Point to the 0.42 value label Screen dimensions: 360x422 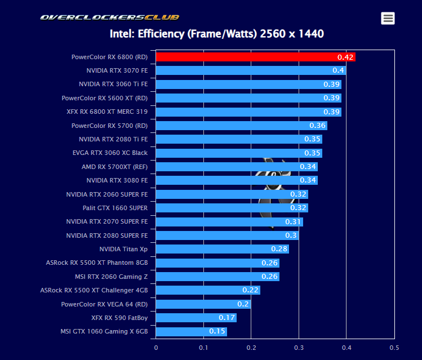(x=345, y=57)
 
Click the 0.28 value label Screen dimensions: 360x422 (x=279, y=249)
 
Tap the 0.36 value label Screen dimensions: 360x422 (x=317, y=126)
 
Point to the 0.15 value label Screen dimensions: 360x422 (x=217, y=331)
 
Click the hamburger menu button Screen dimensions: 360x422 (x=388, y=18)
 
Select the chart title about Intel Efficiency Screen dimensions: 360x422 (x=217, y=34)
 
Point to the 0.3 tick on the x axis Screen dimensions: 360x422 (x=299, y=347)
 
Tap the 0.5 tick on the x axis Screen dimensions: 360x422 (x=394, y=347)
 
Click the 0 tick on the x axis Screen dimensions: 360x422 (x=156, y=347)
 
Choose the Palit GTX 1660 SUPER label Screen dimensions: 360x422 (x=115, y=208)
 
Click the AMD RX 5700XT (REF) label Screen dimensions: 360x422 (x=114, y=167)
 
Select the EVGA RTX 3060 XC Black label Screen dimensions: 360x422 (x=110, y=153)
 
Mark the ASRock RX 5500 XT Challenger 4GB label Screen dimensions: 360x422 (x=94, y=290)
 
